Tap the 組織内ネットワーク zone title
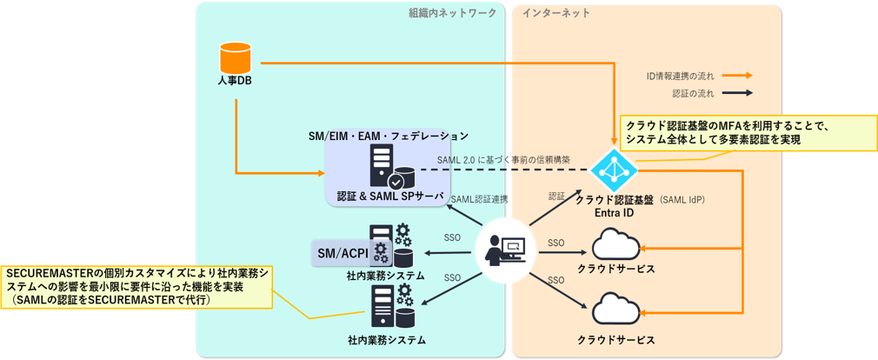point(452,13)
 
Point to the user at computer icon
point(506,250)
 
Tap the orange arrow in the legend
point(737,76)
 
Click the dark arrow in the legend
point(737,94)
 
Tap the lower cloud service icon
point(615,307)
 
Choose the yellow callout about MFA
point(748,133)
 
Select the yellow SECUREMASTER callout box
point(137,287)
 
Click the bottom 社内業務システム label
point(386,340)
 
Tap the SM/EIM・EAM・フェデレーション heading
point(388,136)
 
